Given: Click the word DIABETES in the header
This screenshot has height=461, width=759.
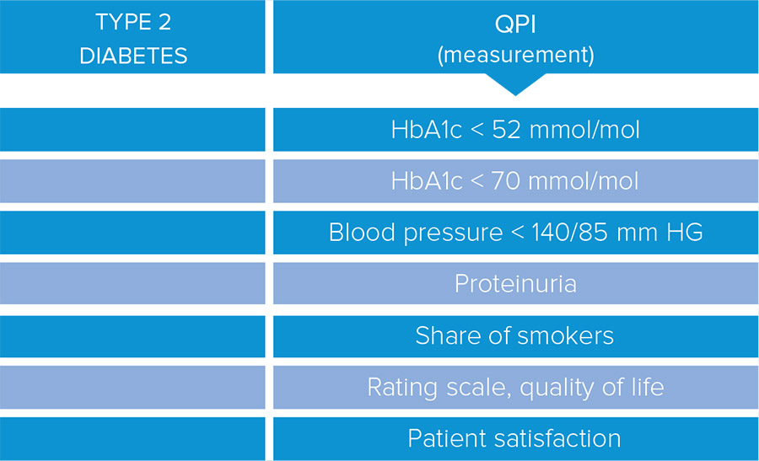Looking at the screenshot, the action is pyautogui.click(x=133, y=56).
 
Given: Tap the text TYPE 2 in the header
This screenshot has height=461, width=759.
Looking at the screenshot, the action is pyautogui.click(x=133, y=22).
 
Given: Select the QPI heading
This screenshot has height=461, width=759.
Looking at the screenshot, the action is pyautogui.click(x=515, y=24).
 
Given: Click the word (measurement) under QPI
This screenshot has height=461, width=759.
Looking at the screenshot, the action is pyautogui.click(x=515, y=55).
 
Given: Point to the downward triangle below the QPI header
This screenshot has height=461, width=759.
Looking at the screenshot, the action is pyautogui.click(x=515, y=83).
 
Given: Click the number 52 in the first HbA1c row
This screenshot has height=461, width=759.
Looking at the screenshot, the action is pyautogui.click(x=506, y=130).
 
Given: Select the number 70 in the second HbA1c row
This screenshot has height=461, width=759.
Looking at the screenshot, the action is pyautogui.click(x=506, y=181).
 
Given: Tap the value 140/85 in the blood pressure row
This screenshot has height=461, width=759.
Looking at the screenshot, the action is pyautogui.click(x=570, y=233).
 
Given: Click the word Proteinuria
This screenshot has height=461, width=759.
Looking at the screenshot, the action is pyautogui.click(x=515, y=283).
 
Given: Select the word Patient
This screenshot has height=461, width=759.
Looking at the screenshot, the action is pyautogui.click(x=447, y=438).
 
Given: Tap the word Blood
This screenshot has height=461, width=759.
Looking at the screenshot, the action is pyautogui.click(x=362, y=233).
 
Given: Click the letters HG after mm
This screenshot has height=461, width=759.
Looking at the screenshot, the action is pyautogui.click(x=685, y=233).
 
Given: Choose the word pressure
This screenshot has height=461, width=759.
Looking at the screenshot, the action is pyautogui.click(x=454, y=233).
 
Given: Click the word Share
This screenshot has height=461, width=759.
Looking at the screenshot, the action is pyautogui.click(x=448, y=335).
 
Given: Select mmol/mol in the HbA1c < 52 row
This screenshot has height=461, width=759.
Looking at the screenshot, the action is pyautogui.click(x=584, y=130).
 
